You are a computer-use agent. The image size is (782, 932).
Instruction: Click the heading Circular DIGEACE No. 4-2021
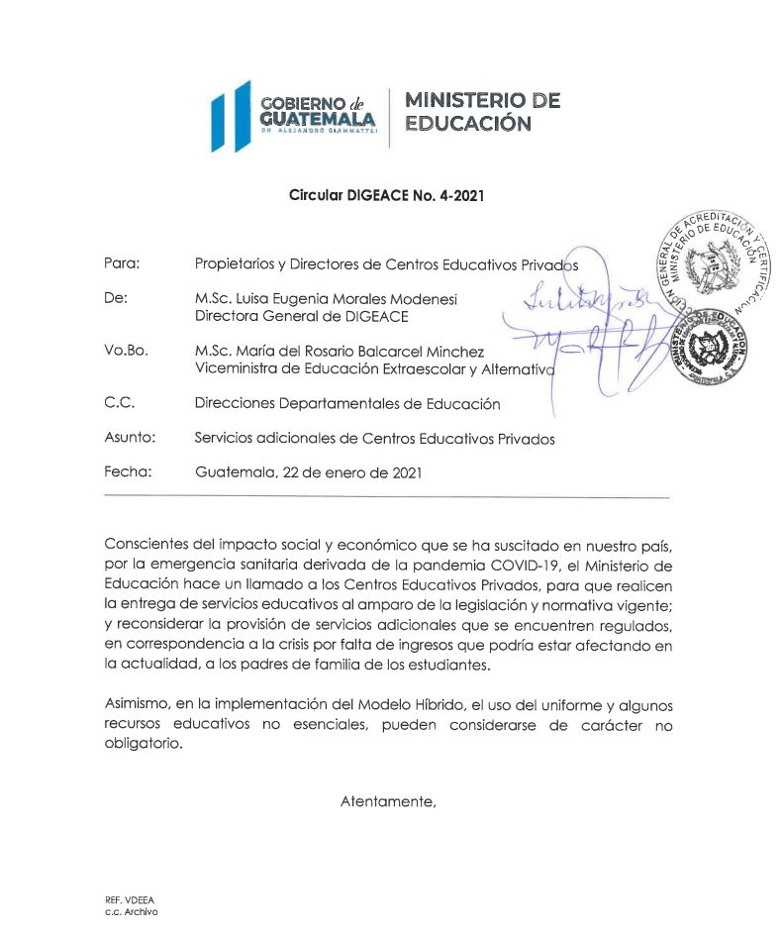coord(385,196)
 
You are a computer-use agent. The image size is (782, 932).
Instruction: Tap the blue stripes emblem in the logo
coord(229,115)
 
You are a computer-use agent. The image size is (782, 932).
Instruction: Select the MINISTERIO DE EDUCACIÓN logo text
coord(482,112)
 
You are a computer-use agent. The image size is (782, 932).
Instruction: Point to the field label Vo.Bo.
coord(126,351)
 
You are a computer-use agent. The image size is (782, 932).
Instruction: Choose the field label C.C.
coord(119,403)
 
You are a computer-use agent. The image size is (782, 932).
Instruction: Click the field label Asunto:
coord(129,438)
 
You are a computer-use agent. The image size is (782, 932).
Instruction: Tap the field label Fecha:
coord(127,471)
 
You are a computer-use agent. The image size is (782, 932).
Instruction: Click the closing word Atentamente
coord(388,800)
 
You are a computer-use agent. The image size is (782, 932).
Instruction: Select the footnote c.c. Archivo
coord(130,911)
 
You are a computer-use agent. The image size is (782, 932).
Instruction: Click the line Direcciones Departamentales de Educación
coord(347,404)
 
